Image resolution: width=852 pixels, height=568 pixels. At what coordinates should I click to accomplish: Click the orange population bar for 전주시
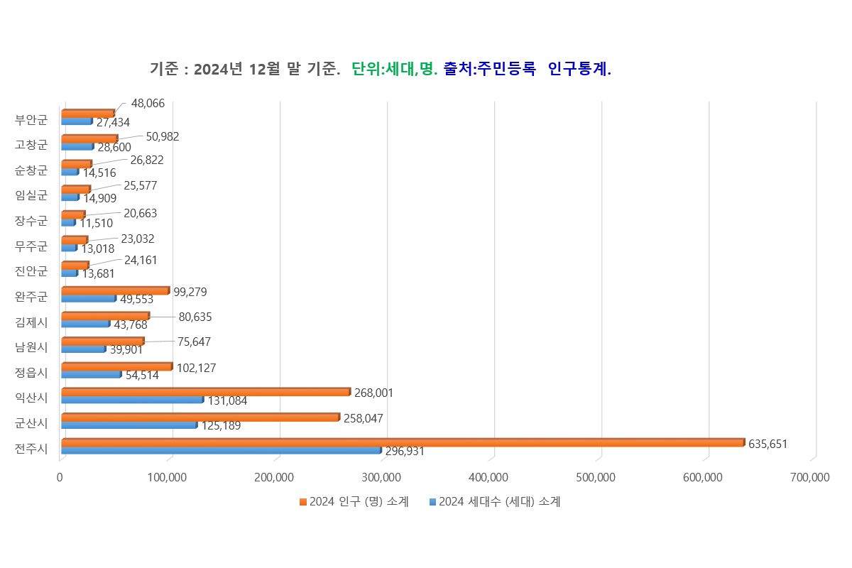(403, 442)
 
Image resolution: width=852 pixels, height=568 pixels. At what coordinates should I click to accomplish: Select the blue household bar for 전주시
(221, 450)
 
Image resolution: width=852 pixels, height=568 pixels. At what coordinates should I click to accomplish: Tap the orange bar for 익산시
(205, 392)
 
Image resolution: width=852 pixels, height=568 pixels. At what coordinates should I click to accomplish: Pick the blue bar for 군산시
(129, 425)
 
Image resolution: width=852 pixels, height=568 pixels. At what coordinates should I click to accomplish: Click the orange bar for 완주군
(115, 290)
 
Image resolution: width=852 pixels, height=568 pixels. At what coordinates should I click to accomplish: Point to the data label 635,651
(768, 444)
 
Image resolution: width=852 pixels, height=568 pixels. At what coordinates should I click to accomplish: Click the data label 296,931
(405, 451)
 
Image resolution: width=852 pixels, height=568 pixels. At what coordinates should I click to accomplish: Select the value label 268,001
(373, 393)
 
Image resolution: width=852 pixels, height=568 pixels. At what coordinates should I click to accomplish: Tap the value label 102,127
(196, 368)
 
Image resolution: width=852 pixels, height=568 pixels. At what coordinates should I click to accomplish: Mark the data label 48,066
(148, 103)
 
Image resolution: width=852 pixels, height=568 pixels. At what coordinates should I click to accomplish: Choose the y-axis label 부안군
(32, 119)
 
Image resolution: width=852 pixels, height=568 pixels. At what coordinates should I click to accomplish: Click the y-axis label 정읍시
(32, 372)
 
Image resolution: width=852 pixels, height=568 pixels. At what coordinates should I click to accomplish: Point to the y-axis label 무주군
(32, 246)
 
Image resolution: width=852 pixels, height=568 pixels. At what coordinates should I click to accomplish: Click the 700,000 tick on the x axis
(809, 478)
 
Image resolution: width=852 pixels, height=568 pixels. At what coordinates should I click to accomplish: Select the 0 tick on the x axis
(60, 478)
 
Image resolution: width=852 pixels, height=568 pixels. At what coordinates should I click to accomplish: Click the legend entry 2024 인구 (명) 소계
(354, 502)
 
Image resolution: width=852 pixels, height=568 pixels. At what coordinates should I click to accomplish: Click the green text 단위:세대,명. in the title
(395, 69)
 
